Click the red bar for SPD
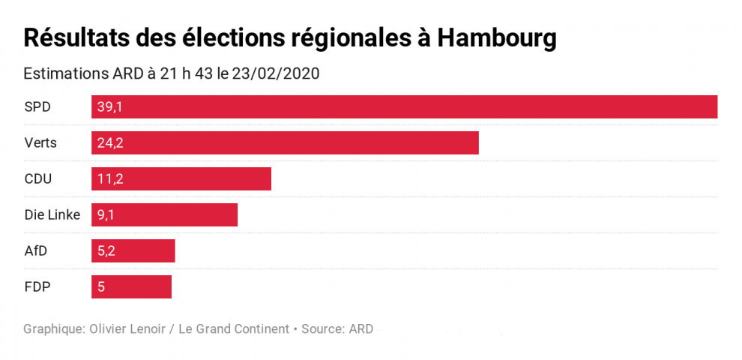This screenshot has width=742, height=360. (405, 107)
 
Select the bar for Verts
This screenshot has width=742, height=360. (285, 143)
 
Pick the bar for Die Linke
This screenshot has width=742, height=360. (164, 215)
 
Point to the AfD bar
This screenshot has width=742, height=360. (133, 251)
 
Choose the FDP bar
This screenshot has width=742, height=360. (131, 287)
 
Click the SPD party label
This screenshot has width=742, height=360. (37, 107)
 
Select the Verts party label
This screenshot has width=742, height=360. (40, 143)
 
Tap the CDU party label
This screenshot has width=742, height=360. (38, 179)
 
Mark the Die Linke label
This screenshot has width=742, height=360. (52, 215)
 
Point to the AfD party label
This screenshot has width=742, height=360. (36, 251)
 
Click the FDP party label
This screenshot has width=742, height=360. (37, 287)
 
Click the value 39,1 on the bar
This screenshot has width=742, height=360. (109, 107)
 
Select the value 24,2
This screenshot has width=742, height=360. (109, 143)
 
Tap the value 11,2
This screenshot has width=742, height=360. (109, 179)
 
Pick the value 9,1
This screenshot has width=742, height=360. (106, 215)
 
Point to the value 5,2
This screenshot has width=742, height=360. (106, 251)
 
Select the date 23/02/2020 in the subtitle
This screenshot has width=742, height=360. (277, 74)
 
